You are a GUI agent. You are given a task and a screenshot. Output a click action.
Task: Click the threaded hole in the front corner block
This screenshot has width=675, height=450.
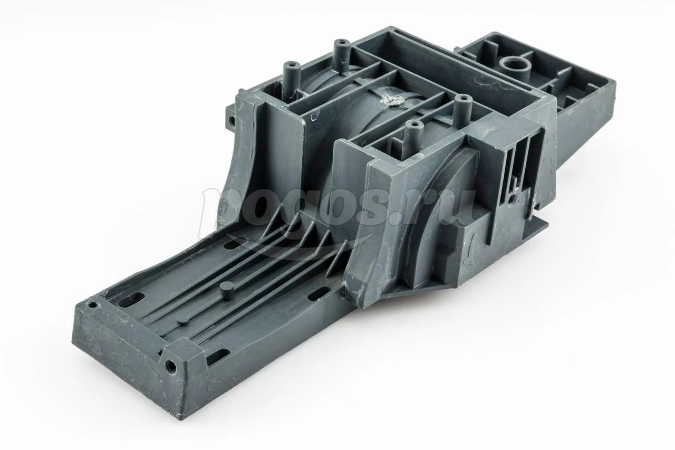(169, 365)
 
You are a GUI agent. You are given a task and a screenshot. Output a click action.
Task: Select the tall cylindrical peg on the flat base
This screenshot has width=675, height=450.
(225, 290)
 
